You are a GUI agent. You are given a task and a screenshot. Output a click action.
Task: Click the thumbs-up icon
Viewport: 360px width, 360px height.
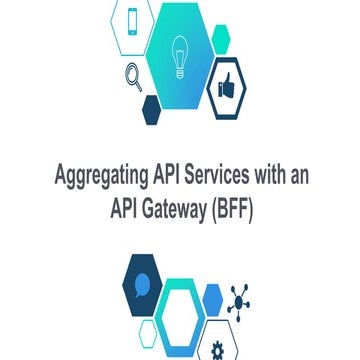coord(227,89)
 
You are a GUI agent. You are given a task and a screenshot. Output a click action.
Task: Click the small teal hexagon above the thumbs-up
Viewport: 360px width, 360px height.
coord(220,39)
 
